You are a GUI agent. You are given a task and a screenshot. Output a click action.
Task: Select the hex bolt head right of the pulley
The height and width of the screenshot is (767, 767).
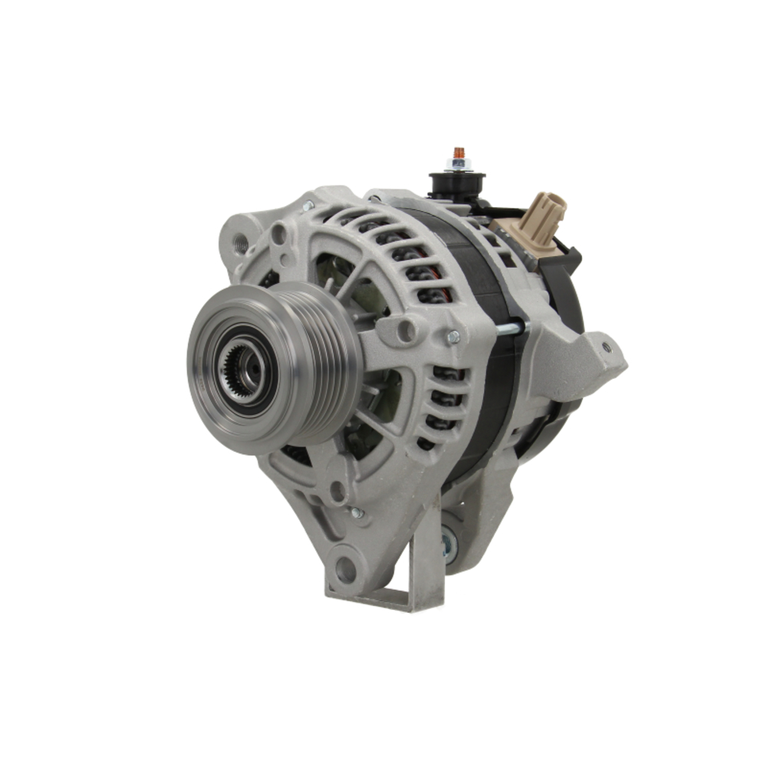453,336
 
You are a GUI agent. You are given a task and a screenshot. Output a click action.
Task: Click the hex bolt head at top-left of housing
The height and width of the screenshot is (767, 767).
308,206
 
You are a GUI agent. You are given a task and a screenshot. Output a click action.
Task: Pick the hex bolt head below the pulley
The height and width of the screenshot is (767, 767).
356,512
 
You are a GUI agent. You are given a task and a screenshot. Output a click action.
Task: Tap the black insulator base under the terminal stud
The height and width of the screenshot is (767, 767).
457,184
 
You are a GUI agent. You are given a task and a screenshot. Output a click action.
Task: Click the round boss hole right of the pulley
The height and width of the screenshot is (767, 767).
407,331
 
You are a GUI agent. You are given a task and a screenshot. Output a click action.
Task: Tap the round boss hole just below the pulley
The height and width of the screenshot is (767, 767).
337,491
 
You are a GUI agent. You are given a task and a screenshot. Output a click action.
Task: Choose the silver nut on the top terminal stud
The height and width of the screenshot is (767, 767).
459,165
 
